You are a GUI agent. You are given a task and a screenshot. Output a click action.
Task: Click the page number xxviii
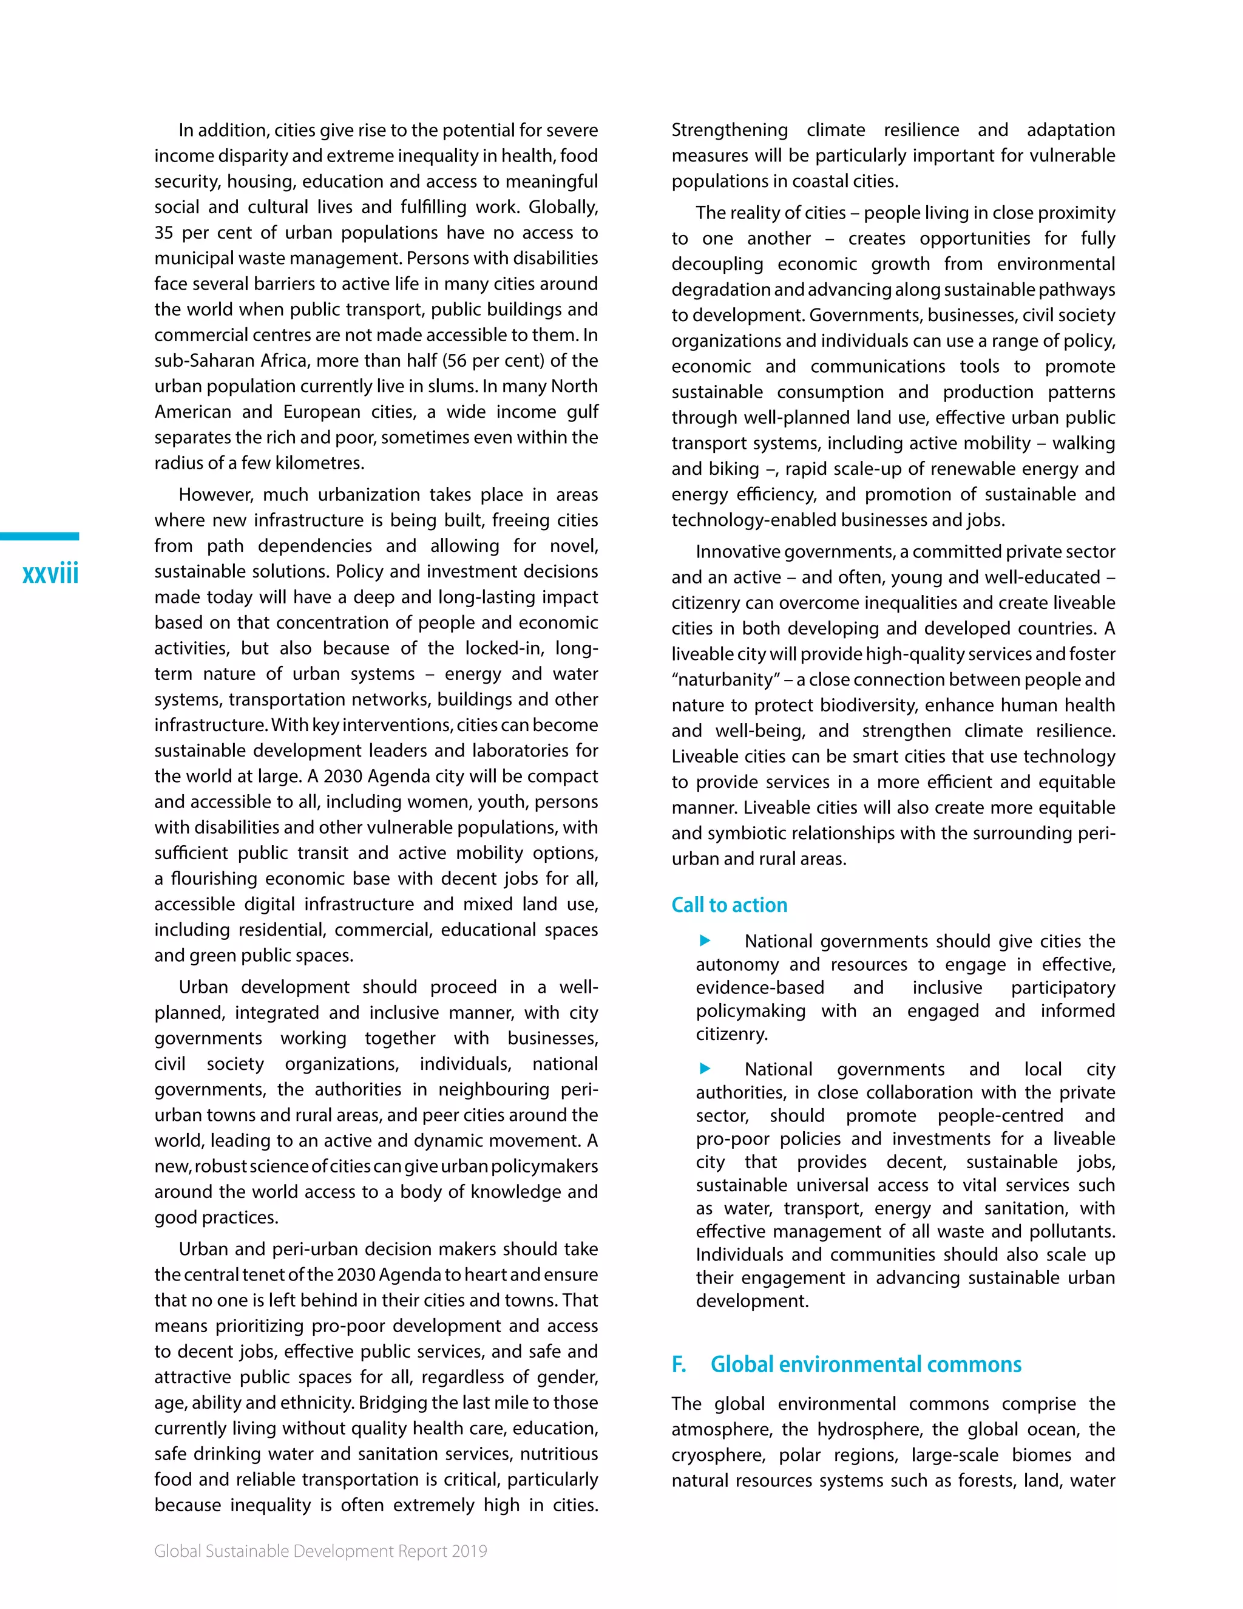point(50,574)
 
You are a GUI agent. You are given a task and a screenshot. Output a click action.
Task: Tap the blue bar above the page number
point(40,536)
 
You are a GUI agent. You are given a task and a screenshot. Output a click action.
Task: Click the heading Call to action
point(729,905)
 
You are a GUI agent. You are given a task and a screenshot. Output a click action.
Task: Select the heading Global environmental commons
point(865,1364)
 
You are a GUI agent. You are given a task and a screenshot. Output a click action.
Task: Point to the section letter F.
point(678,1364)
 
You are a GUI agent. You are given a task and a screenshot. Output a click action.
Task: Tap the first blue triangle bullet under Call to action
point(705,940)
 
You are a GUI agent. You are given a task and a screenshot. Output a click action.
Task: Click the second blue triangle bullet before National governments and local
point(705,1068)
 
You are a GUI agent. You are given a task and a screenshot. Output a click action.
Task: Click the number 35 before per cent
point(163,233)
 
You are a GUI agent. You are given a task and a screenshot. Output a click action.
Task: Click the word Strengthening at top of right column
point(729,131)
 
